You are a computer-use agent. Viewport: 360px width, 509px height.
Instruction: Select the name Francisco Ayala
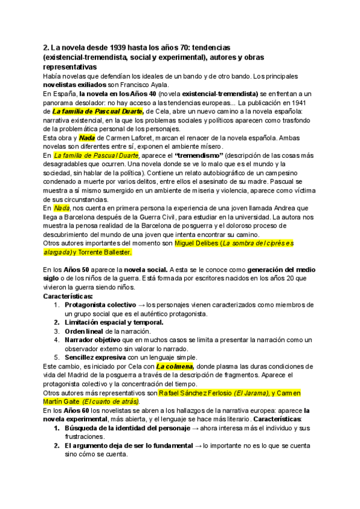point(143,85)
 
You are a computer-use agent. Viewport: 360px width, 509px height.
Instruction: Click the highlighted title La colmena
point(175,366)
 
